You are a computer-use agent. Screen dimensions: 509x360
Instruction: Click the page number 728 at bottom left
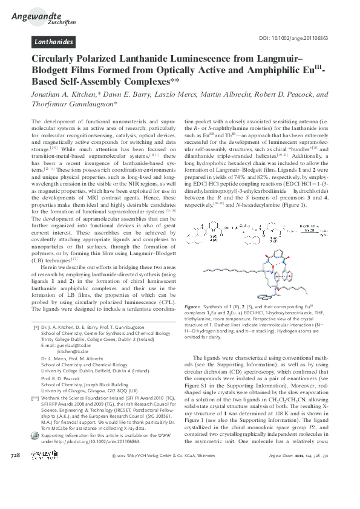(16, 487)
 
